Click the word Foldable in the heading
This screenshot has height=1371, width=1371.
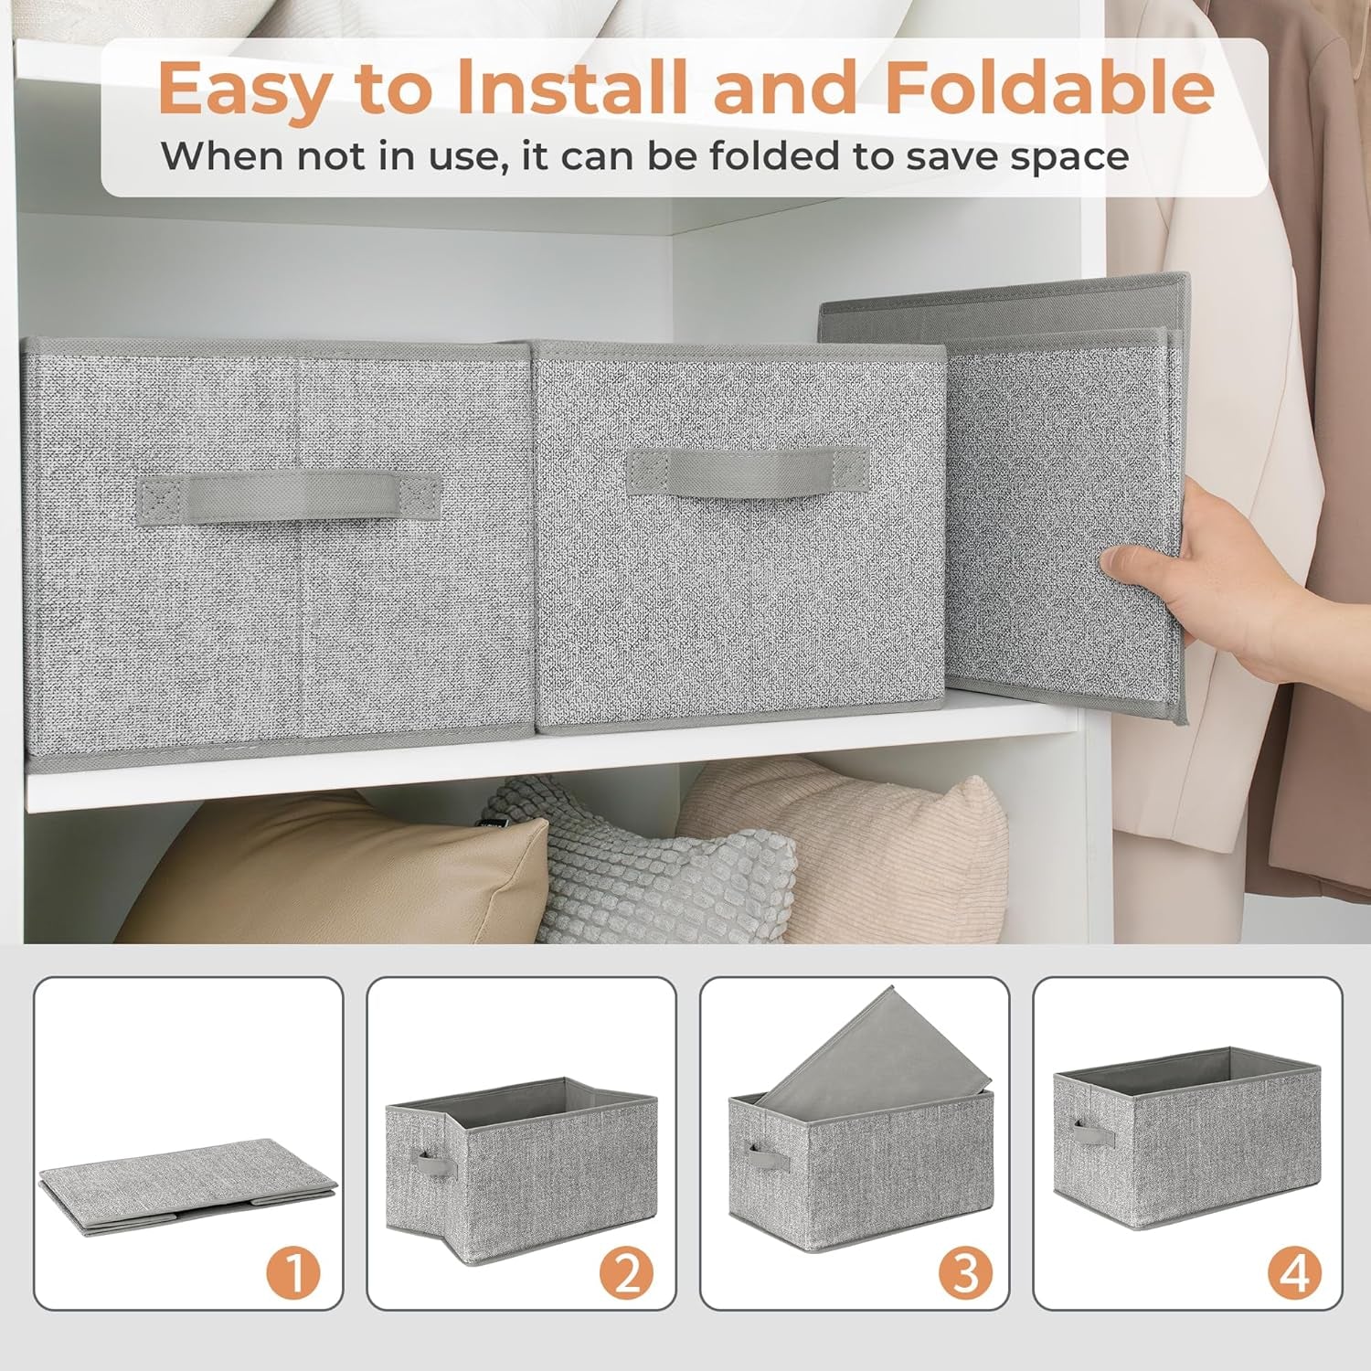[x=1049, y=89]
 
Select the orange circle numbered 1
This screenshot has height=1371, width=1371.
[x=293, y=1271]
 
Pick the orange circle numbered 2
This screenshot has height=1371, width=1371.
[x=626, y=1271]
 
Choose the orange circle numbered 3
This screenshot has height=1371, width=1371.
[x=964, y=1271]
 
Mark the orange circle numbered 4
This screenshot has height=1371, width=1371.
[x=1293, y=1271]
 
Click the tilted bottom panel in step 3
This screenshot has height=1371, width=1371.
[x=877, y=1047]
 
